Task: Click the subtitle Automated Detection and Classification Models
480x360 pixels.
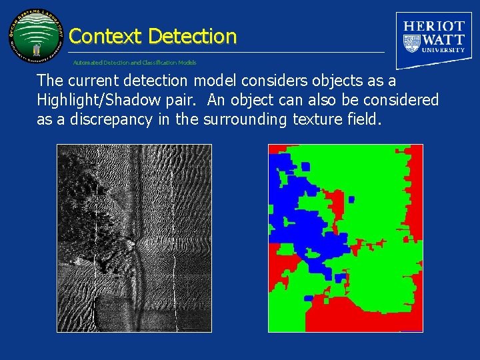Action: click(135, 63)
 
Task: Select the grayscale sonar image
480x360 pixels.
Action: click(134, 238)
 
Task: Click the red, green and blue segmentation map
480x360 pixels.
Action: click(345, 238)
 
